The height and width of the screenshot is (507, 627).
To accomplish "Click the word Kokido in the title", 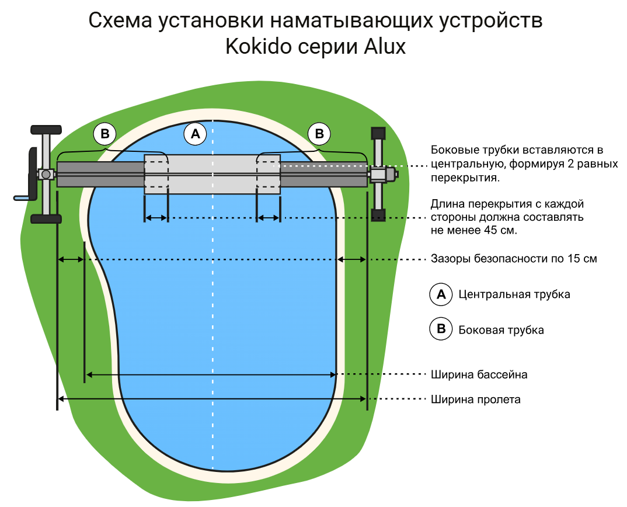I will [259, 47].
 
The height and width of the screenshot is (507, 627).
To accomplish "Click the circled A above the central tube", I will [196, 134].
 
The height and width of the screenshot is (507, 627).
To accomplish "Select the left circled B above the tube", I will [105, 134].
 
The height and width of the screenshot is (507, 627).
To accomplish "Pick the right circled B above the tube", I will [319, 134].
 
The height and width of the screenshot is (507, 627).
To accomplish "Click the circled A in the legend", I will [441, 294].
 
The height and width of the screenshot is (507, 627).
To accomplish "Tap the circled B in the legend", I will [441, 329].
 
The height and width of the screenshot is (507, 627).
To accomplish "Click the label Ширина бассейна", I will [479, 374].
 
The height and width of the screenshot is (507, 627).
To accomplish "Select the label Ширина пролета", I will [475, 400].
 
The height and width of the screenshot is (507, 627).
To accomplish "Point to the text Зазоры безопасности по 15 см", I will [514, 259].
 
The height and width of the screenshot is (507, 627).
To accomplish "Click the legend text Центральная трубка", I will [514, 294].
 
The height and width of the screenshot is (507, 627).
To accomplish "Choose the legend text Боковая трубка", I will [501, 330].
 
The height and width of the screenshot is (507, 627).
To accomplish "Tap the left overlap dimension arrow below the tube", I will [156, 218].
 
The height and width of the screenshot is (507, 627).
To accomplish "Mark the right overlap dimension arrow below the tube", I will [269, 218].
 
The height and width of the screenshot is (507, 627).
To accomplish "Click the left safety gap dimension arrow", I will [71, 259].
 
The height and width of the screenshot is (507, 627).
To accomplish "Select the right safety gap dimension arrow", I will [353, 259].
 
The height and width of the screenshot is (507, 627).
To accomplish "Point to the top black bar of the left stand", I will [46, 129].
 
